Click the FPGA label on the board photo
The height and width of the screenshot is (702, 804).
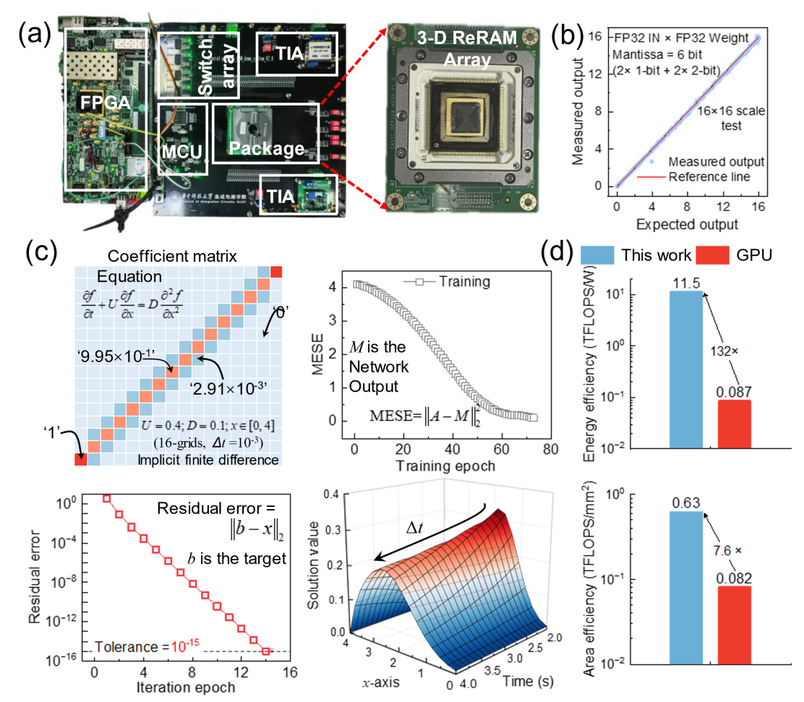(x=106, y=103)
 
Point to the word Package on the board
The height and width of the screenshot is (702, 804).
(x=266, y=149)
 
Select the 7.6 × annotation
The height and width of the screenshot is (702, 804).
(x=727, y=551)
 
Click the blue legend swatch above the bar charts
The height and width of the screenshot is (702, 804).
(x=597, y=255)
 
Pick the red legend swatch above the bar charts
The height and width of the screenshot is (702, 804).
(x=712, y=255)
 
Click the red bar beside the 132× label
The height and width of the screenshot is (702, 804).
(x=734, y=424)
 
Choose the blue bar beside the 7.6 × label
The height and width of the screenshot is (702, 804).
(x=685, y=587)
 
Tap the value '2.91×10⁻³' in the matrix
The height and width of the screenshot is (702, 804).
(x=228, y=388)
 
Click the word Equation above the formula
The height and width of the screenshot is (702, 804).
(x=129, y=276)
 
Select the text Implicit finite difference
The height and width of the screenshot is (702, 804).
(x=208, y=460)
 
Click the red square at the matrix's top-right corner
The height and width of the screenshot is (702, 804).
(x=275, y=271)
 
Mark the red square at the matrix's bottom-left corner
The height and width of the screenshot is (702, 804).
(x=80, y=459)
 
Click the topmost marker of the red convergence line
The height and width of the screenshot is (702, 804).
(x=106, y=499)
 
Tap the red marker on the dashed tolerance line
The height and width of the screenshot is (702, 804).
(x=266, y=651)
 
